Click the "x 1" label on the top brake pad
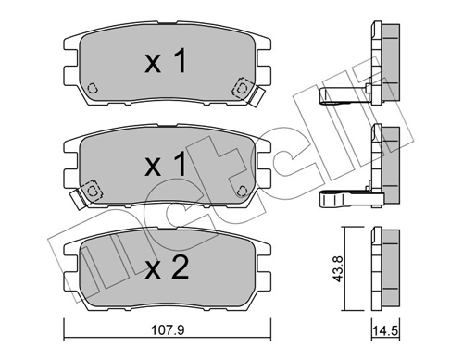(167, 62)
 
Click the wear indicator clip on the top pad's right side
(244, 90)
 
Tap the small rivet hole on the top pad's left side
(93, 90)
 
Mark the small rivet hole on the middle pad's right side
(243, 192)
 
